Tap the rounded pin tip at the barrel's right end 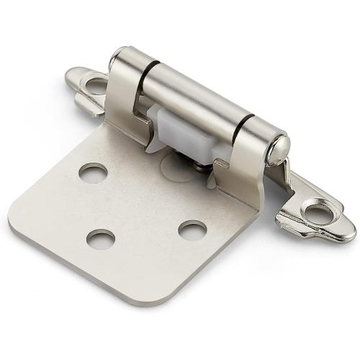(279, 150)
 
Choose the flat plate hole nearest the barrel (94, 172)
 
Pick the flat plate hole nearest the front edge (101, 239)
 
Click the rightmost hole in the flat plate (192, 230)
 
